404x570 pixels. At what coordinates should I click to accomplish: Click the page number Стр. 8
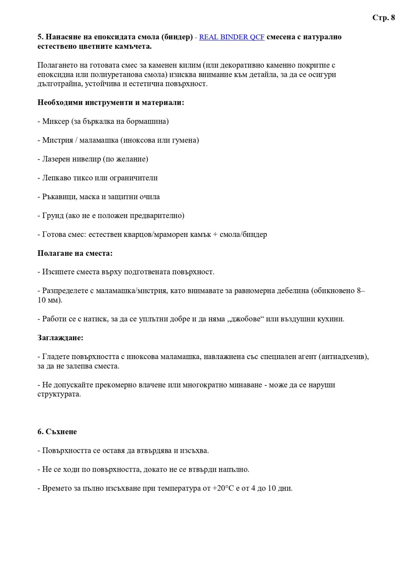point(383,18)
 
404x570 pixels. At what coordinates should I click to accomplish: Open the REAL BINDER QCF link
point(232,37)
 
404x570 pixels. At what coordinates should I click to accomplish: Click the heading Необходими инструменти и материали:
point(111,103)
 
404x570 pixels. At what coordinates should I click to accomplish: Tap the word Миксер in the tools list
point(56,121)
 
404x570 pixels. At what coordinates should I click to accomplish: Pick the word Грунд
point(53,216)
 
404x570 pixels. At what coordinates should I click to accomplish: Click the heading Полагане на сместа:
point(75,253)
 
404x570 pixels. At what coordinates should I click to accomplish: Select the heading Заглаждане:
point(60,338)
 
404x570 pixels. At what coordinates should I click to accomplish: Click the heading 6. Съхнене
point(57,432)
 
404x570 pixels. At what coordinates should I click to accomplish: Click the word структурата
point(59,394)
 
